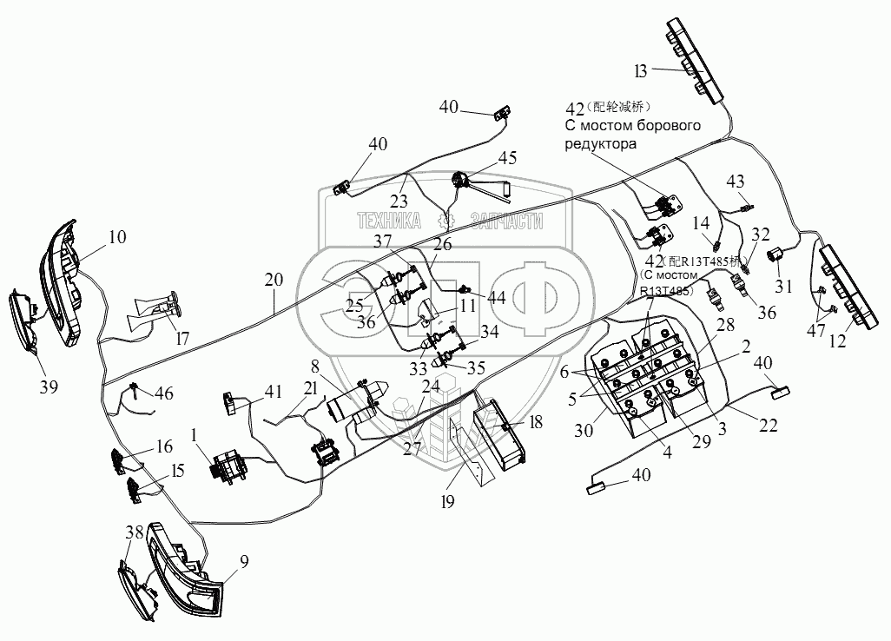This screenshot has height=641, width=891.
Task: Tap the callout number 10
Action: [116, 235]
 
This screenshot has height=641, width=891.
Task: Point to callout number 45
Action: [506, 157]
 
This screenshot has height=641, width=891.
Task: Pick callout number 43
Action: [736, 181]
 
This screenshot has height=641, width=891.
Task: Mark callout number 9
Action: [244, 561]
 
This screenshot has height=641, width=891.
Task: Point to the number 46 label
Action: [163, 394]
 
